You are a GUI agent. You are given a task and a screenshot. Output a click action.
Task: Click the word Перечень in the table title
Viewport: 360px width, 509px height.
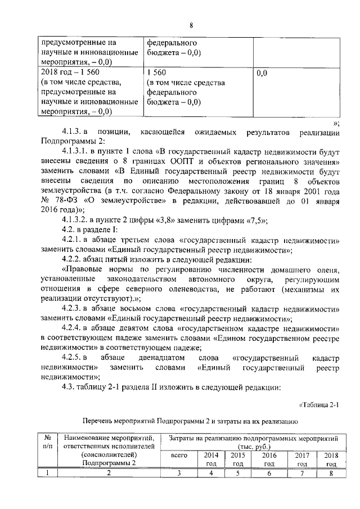pos(100,421)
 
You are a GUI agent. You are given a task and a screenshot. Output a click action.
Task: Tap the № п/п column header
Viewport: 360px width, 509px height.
pos(48,442)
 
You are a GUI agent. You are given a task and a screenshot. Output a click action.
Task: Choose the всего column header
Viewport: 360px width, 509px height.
pos(178,458)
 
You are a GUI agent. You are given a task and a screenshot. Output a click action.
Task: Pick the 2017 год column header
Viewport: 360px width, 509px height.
pos(301,458)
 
